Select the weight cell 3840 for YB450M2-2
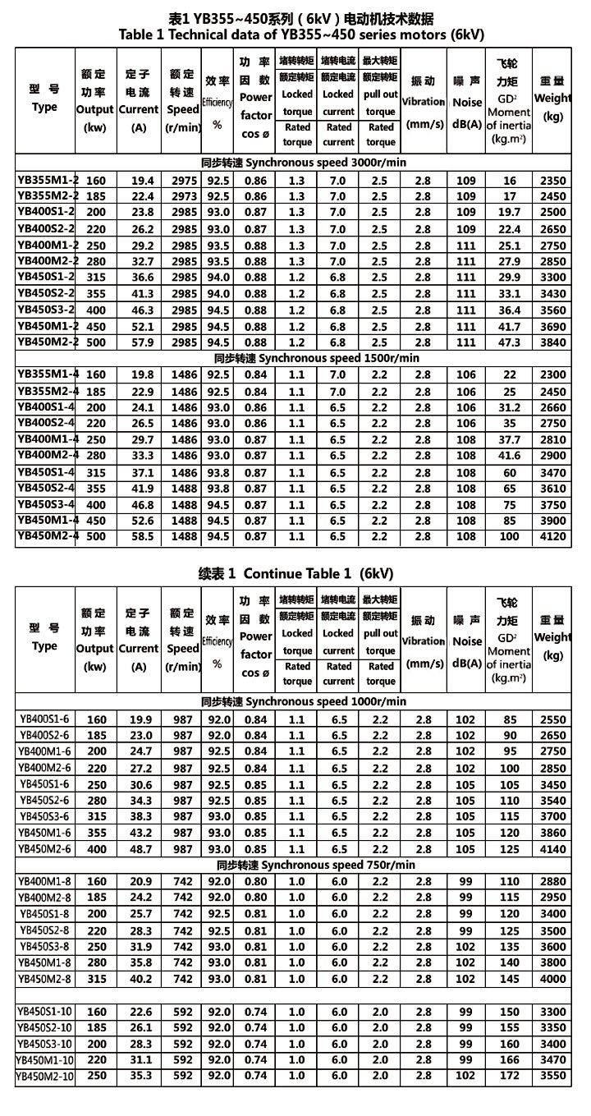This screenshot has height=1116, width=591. pos(553,342)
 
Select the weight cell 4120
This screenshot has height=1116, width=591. pos(553,536)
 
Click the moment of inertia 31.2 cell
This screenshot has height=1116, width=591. pos(510,406)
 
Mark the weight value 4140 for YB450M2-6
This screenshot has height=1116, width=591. pos(553,848)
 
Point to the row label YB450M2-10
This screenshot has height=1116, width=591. pos(48,1076)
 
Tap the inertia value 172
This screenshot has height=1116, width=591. pos(510,1076)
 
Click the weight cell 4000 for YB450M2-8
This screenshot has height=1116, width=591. pos(553,978)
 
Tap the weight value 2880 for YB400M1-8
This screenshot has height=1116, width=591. pos(553,881)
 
